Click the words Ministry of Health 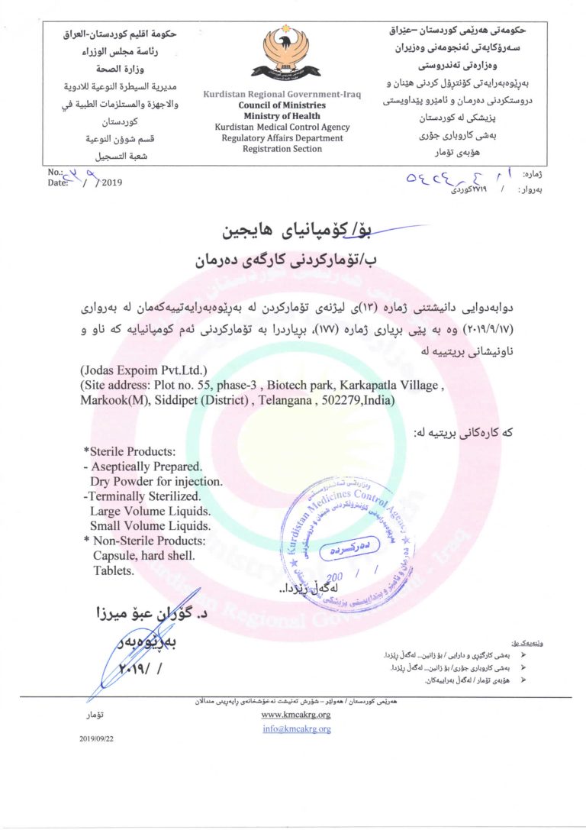click(x=282, y=116)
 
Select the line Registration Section click(x=282, y=149)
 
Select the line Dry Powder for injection click(x=156, y=481)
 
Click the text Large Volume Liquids click(x=150, y=511)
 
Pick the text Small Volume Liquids click(x=150, y=525)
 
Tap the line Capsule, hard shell click(x=141, y=555)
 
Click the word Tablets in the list click(x=114, y=570)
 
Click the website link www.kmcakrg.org click(x=295, y=715)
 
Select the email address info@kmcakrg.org click(x=295, y=728)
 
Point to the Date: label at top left click(x=57, y=182)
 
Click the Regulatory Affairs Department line click(x=282, y=138)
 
